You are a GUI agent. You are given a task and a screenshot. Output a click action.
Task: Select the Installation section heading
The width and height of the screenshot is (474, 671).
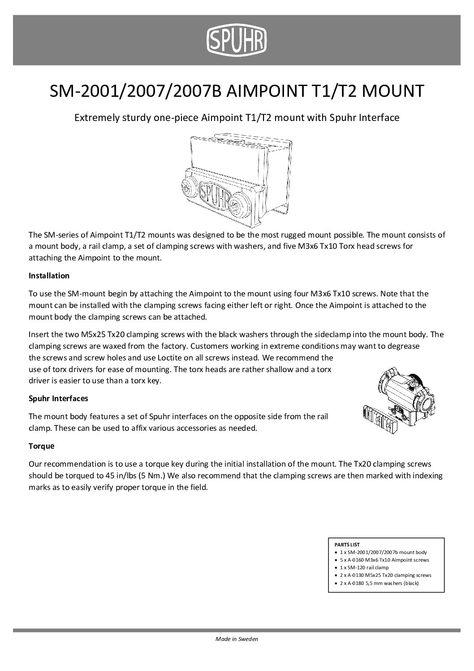[x=49, y=276]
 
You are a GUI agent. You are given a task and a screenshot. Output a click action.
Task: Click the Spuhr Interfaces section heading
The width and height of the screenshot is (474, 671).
[x=58, y=398]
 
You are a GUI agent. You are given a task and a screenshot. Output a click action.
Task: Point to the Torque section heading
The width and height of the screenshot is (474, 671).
[x=41, y=447]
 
